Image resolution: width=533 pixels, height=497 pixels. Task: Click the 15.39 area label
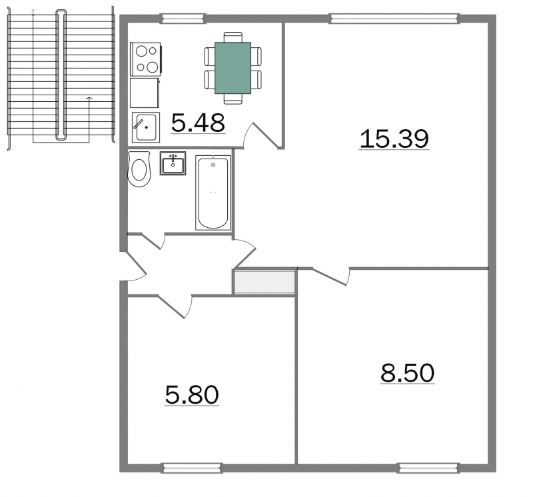394,139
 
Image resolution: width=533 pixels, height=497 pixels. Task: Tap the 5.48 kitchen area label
198,123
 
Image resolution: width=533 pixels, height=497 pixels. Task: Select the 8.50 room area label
407,373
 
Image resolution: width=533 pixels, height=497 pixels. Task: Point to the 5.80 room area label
192,395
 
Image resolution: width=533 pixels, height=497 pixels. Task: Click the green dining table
233,68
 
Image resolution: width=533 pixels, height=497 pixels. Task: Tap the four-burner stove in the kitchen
145,59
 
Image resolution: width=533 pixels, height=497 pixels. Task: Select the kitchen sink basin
146,127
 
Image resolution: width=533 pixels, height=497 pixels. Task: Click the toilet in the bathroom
139,169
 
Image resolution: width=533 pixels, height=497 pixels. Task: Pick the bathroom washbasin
173,163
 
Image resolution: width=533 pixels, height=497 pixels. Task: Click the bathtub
213,193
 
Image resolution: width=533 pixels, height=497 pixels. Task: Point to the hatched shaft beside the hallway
265,282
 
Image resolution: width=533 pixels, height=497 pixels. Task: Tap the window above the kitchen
183,19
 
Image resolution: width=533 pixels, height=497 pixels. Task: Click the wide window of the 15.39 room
394,19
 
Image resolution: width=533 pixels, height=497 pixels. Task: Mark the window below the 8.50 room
428,468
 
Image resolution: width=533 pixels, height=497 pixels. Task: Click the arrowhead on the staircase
89,99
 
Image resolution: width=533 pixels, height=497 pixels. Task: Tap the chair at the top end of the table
233,37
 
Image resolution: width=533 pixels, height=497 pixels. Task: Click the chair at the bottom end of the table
233,99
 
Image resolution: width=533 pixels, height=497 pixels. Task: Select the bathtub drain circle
213,165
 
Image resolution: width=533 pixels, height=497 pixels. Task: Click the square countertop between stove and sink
145,93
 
